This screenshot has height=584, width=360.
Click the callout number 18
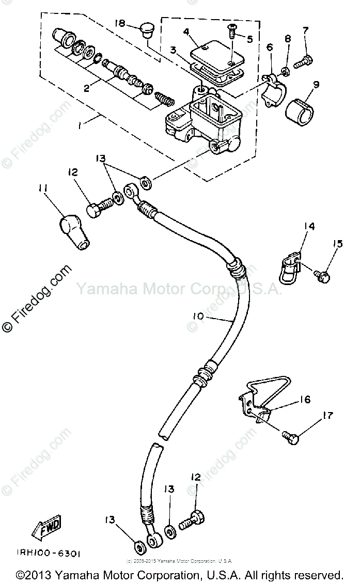click(x=120, y=23)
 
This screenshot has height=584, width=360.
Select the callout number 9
click(x=316, y=84)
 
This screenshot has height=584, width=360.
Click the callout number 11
click(x=42, y=190)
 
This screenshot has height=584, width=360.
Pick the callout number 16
click(x=305, y=400)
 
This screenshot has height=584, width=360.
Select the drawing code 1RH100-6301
click(x=45, y=554)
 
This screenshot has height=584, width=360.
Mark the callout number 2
click(x=87, y=88)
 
